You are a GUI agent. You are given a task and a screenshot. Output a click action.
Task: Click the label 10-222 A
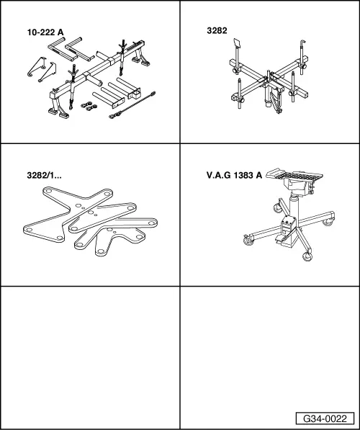[x=45, y=32]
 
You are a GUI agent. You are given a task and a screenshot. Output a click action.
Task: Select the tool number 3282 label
[x=217, y=31]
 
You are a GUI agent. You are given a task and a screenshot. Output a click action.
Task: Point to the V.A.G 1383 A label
[x=234, y=175]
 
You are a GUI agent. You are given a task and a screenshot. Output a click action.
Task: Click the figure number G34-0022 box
[x=325, y=418]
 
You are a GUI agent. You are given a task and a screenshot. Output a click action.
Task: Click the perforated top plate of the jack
[x=295, y=174]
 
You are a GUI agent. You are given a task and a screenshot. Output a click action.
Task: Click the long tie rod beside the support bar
[x=132, y=105]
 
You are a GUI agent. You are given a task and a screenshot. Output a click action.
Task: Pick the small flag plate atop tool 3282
[x=237, y=42]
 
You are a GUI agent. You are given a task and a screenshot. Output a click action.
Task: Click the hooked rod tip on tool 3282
[x=302, y=42]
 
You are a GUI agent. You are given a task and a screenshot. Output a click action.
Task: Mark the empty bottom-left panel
[x=90, y=357]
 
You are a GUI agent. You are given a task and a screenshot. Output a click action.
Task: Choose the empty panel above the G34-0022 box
[x=270, y=349]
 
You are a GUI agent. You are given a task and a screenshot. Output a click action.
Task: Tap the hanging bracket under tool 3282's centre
[x=275, y=101]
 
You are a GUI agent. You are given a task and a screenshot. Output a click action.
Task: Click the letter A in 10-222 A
[x=60, y=32]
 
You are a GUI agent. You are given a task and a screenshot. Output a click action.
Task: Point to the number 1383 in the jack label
[x=243, y=175]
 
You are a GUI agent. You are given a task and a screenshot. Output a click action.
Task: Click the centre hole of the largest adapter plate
[x=78, y=205]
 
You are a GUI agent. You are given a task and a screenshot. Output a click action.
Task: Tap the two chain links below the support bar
[x=89, y=106]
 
